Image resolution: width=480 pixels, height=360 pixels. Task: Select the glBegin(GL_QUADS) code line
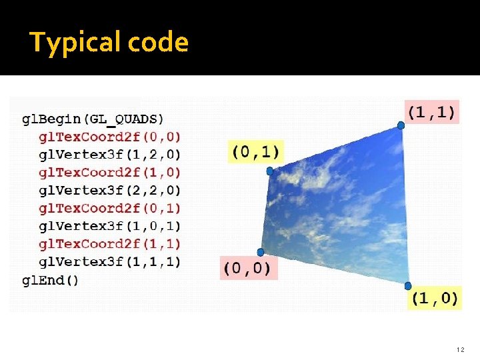[x=93, y=119]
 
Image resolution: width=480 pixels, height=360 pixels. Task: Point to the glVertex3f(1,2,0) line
[x=109, y=155]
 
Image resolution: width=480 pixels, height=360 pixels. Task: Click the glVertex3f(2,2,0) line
[x=109, y=191]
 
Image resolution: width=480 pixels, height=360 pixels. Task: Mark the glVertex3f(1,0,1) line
[x=109, y=226]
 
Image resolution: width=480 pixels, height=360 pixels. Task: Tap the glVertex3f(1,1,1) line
[x=109, y=261]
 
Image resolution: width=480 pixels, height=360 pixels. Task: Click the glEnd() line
[x=50, y=279]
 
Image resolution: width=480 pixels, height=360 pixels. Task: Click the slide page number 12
[x=460, y=349]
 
